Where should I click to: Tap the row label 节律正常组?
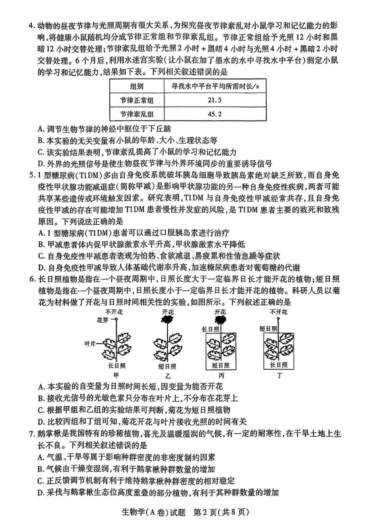pos(137,100)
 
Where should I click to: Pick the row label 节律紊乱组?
pos(137,114)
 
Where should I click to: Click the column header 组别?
pos(137,87)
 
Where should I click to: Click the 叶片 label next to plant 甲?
pos(90,344)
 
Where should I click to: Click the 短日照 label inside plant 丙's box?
pos(221,365)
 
